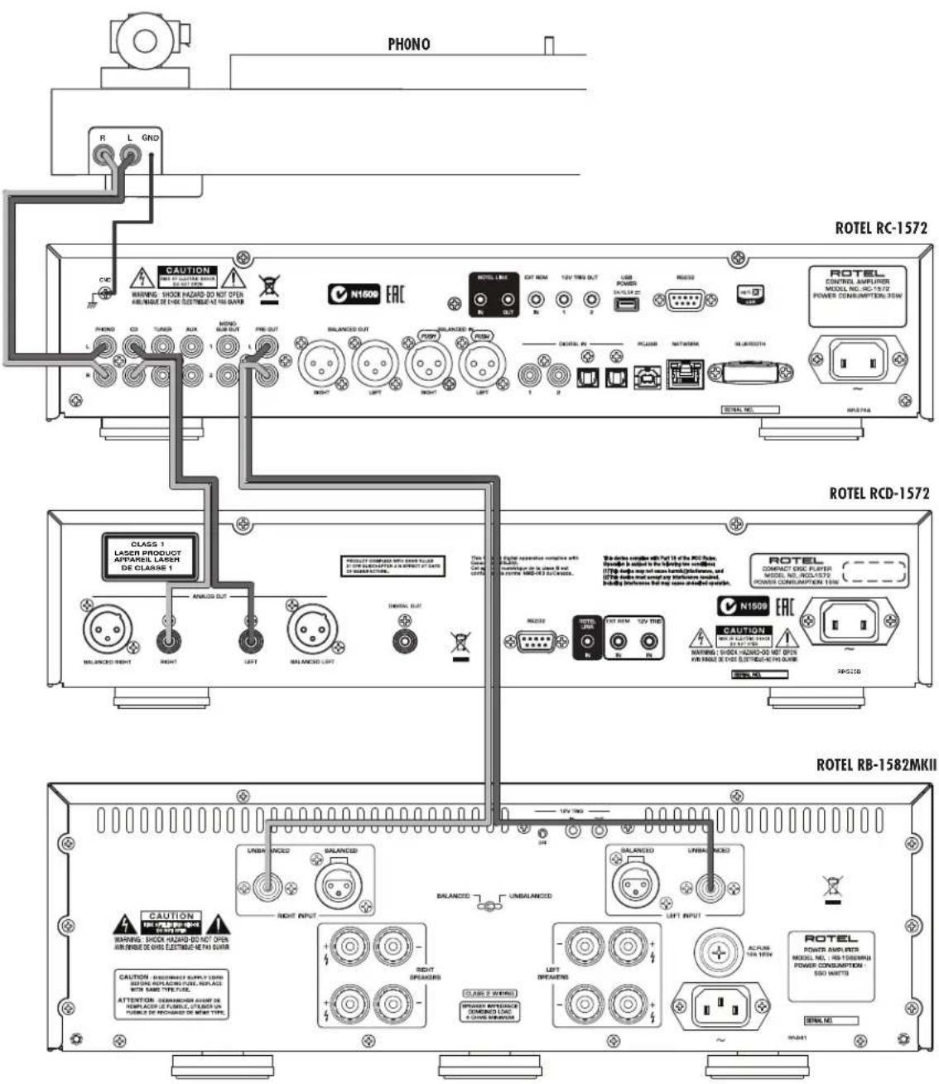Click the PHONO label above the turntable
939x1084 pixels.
point(409,45)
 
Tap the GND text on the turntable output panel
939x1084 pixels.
point(150,137)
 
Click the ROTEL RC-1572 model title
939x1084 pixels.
point(881,228)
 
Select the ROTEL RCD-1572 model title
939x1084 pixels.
point(879,494)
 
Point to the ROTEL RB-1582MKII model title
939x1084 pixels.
point(876,764)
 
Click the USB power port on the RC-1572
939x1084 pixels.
point(626,304)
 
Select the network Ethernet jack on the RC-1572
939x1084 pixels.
point(685,375)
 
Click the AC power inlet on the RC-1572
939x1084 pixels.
point(857,360)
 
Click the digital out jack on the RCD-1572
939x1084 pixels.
point(405,639)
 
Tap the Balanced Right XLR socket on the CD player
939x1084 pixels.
point(107,630)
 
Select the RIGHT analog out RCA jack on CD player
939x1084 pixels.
point(169,640)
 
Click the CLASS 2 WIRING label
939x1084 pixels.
point(489,993)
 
